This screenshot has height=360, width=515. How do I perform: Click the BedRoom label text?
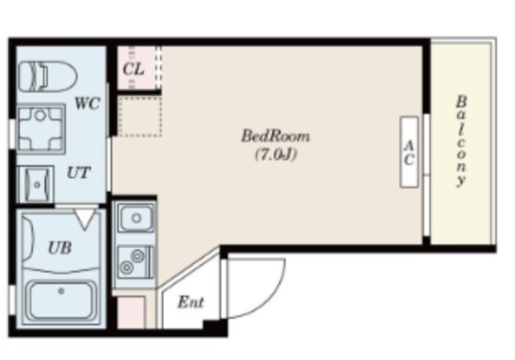tap(275, 136)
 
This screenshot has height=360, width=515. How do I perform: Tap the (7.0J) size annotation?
tap(276, 154)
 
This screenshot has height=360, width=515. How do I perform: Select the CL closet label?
tap(134, 69)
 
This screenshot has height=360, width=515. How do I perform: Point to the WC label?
tap(87, 103)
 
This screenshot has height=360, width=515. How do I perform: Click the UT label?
tap(79, 172)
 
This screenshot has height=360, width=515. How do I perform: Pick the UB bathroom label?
tap(60, 248)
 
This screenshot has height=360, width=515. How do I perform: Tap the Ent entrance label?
tap(191, 302)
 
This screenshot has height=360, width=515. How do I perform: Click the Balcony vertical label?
tap(461, 142)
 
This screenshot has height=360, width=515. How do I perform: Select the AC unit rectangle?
tap(409, 152)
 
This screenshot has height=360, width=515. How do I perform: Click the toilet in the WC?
tap(47, 77)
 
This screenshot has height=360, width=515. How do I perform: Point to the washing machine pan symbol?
tap(41, 129)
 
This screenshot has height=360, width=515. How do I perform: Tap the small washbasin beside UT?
tap(35, 184)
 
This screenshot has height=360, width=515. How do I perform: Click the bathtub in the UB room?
tap(61, 299)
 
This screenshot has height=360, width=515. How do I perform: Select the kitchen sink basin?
tap(136, 217)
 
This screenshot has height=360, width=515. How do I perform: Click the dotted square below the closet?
tap(139, 116)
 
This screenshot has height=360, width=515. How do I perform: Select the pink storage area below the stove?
tap(130, 312)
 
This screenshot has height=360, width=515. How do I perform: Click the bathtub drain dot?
tap(61, 291)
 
